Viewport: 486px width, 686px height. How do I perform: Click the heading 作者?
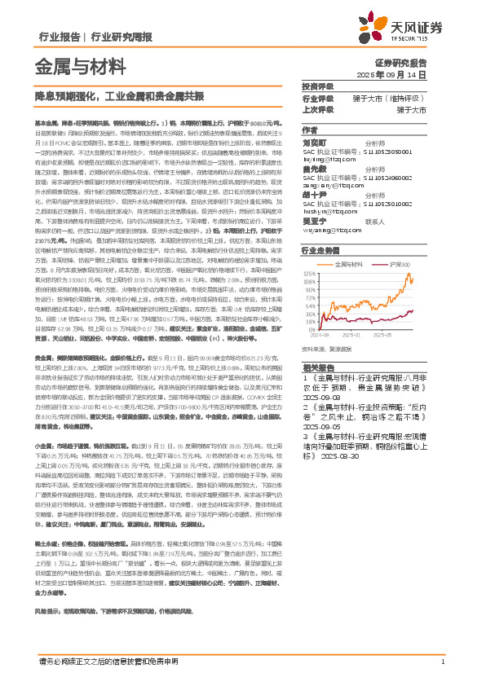point(309,130)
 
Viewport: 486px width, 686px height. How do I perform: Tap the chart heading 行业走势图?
point(319,252)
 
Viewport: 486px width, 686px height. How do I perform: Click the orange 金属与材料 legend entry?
point(348,266)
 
